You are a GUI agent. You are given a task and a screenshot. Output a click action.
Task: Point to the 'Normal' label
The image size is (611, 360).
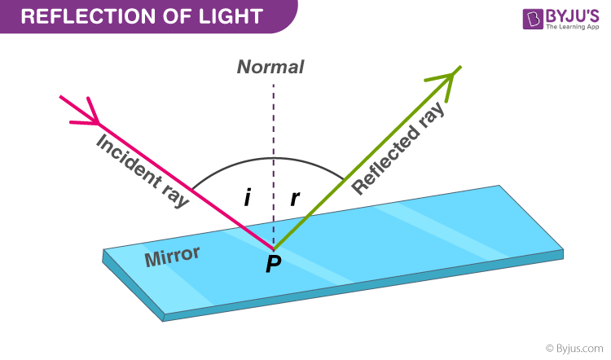[270, 67]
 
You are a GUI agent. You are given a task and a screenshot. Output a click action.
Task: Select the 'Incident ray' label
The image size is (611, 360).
[142, 169]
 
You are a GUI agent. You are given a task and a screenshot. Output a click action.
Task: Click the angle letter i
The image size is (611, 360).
[246, 198]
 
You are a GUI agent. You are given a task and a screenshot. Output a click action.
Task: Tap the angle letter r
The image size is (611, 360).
[296, 198]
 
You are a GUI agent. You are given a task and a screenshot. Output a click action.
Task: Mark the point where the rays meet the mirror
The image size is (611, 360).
[274, 248]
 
